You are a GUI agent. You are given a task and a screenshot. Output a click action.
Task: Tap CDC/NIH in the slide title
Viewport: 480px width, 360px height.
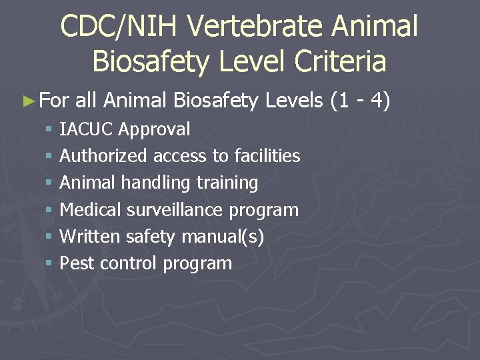pos(121,27)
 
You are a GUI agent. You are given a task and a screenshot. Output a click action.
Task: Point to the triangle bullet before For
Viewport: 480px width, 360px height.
pos(27,101)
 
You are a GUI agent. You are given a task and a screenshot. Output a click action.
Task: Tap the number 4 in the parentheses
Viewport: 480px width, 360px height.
pos(377,101)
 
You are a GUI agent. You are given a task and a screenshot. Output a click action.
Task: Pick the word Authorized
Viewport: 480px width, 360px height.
pos(103,156)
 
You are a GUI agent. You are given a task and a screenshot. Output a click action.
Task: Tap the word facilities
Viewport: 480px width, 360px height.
pos(266,156)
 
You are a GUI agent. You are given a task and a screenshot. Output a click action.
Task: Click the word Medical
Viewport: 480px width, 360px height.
pos(91,210)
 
